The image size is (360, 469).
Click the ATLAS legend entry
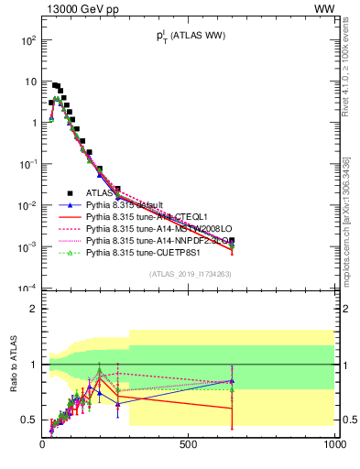[x=100, y=192]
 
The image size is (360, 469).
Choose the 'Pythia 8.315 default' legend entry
[x=125, y=204]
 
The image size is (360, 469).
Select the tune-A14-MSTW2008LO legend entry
[x=150, y=228]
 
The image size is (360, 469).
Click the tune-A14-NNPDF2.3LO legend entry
[x=152, y=240]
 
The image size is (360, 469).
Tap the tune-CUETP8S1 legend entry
[x=137, y=252]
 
